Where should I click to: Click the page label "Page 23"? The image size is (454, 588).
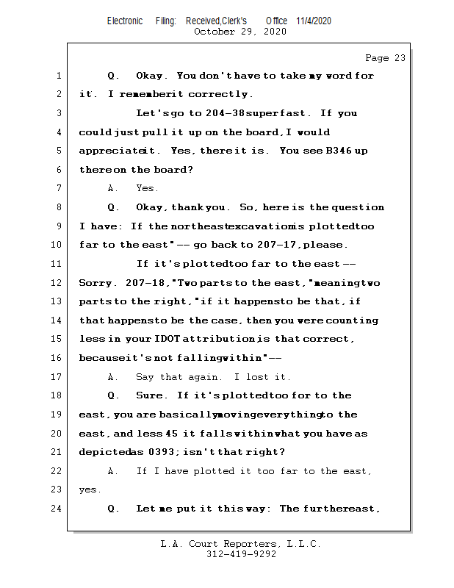point(385,58)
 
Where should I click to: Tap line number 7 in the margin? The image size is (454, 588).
point(57,188)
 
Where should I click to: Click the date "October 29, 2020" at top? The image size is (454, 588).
point(240,32)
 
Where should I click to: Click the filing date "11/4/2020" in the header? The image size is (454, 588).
point(314,21)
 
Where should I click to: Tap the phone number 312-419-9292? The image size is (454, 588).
point(241,554)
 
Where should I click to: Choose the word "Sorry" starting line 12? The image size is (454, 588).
point(93,283)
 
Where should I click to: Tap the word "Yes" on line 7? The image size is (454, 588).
point(146,188)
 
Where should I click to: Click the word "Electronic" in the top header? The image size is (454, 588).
point(125,21)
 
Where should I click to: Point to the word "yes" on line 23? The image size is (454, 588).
point(88,490)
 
